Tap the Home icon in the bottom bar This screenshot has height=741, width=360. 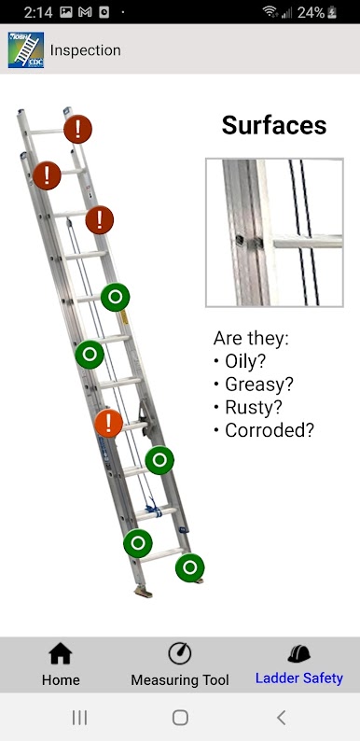pyautogui.click(x=61, y=654)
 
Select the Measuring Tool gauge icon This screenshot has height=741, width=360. pyautogui.click(x=179, y=653)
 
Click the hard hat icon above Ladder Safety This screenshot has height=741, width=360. pyautogui.click(x=299, y=653)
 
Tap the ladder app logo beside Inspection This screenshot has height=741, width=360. pyautogui.click(x=26, y=50)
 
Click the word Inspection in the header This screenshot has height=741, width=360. pyautogui.click(x=86, y=50)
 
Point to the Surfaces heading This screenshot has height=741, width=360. pyautogui.click(x=274, y=125)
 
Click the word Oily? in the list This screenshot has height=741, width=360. pyautogui.click(x=245, y=361)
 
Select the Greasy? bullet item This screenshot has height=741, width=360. pyautogui.click(x=259, y=384)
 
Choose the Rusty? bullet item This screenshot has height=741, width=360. pyautogui.click(x=254, y=407)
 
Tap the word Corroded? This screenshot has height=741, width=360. pyautogui.click(x=270, y=430)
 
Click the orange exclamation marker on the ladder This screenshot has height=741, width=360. pyautogui.click(x=109, y=423)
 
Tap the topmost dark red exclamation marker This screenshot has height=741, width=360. pyautogui.click(x=78, y=129)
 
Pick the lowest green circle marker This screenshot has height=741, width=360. pyautogui.click(x=190, y=567)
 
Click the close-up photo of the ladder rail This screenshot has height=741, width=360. pyautogui.click(x=274, y=232)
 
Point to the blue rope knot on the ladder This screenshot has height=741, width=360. pyautogui.click(x=153, y=508)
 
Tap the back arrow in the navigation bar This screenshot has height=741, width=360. pyautogui.click(x=281, y=718)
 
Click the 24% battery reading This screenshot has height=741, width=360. pyautogui.click(x=311, y=12)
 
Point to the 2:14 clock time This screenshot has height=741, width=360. pyautogui.click(x=38, y=12)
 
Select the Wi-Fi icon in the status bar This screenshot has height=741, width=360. pyautogui.click(x=270, y=12)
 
